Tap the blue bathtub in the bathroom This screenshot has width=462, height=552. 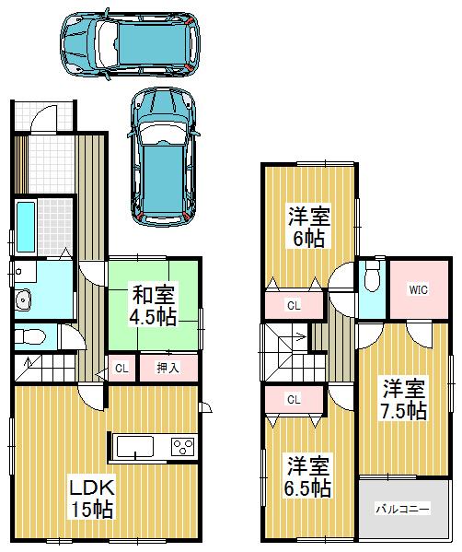(x=25, y=228)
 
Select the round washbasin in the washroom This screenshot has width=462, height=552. (x=23, y=299)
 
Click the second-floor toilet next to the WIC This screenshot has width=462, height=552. (x=371, y=276)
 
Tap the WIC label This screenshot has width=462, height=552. (x=419, y=288)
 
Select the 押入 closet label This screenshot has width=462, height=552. (x=167, y=369)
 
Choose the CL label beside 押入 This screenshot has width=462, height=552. (x=121, y=369)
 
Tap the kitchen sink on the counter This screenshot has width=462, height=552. (x=134, y=448)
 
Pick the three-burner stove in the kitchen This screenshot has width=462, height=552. (x=183, y=448)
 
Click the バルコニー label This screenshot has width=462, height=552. (x=402, y=509)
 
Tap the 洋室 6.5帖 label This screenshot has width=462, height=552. (x=307, y=476)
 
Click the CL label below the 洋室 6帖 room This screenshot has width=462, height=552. (x=293, y=305)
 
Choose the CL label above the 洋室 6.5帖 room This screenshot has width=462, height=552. (x=293, y=399)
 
